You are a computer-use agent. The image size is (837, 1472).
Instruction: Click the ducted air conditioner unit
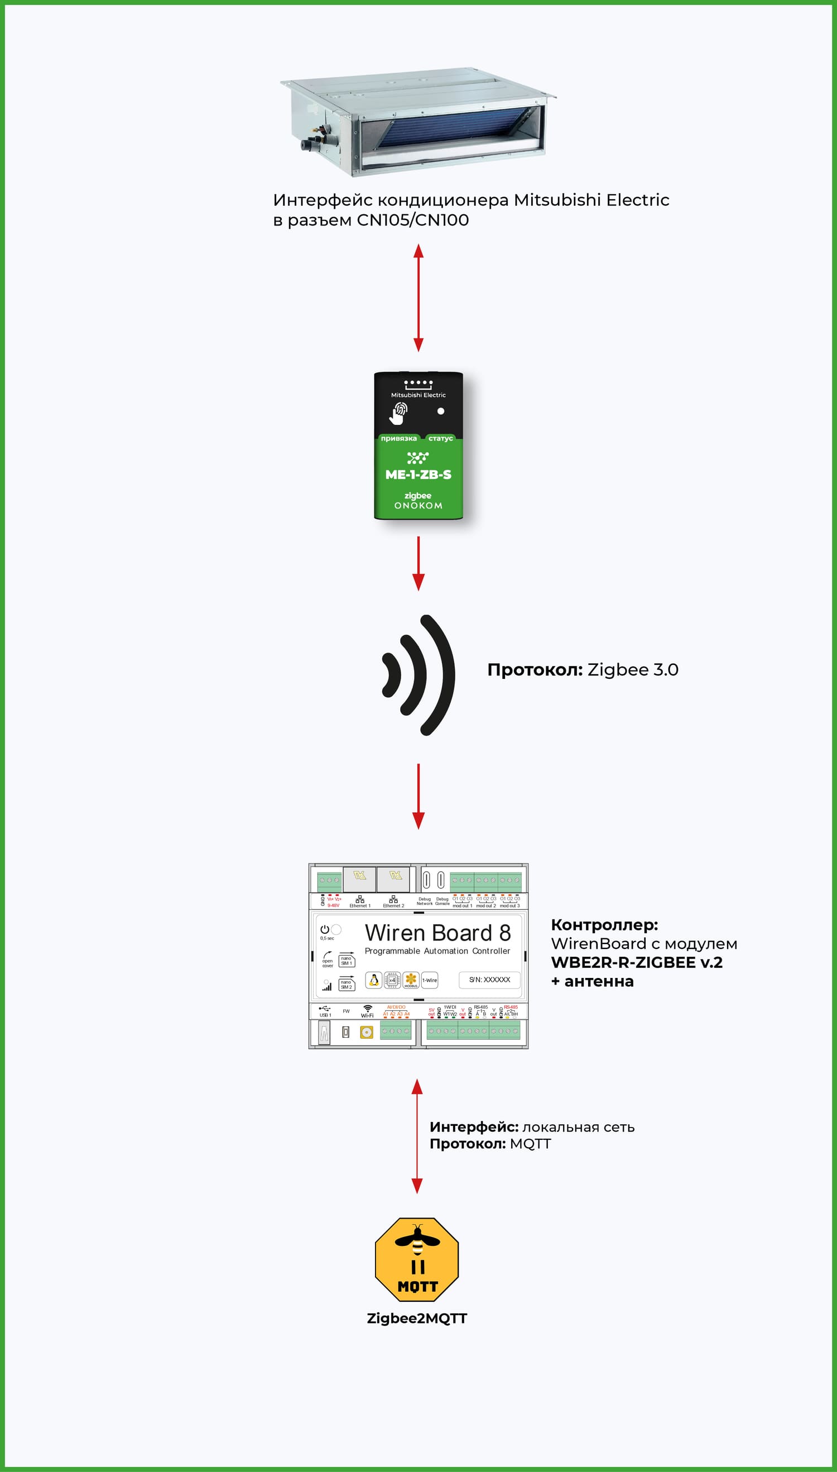[418, 123]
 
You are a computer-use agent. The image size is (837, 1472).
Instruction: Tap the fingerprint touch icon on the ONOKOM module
[400, 413]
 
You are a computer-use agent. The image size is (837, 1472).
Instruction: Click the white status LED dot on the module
[441, 411]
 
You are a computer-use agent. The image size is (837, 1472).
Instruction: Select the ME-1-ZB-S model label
[418, 475]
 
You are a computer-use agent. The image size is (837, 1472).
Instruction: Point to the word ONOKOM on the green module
[418, 506]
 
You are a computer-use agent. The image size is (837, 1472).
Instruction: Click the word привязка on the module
[398, 439]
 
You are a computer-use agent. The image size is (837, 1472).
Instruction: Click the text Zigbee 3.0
[632, 670]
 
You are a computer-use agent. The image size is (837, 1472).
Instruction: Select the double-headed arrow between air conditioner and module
[419, 298]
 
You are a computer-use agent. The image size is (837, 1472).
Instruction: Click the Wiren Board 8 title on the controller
[437, 933]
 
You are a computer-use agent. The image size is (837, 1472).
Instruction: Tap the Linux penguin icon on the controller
[374, 980]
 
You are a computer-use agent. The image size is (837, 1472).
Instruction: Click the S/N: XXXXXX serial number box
[489, 980]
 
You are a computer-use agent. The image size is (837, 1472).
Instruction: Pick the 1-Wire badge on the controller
[430, 980]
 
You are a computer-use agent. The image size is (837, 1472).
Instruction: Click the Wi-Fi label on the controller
[367, 1015]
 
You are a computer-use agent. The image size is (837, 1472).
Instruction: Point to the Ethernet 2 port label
[393, 905]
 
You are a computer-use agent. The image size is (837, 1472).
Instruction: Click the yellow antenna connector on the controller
[367, 1033]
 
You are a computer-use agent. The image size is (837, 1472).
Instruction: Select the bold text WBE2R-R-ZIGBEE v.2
[636, 962]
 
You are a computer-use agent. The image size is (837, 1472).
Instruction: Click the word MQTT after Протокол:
[530, 1144]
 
